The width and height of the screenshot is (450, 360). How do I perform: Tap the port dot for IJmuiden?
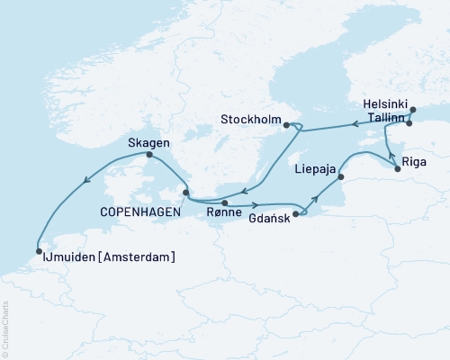(x=39, y=252)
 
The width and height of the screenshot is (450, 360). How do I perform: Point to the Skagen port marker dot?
(x=148, y=155)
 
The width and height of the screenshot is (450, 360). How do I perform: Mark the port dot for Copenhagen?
(x=186, y=192)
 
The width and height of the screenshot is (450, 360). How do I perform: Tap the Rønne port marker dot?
(x=225, y=203)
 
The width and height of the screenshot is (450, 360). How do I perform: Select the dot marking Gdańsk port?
(x=296, y=214)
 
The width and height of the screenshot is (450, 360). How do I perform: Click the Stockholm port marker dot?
(x=286, y=125)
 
